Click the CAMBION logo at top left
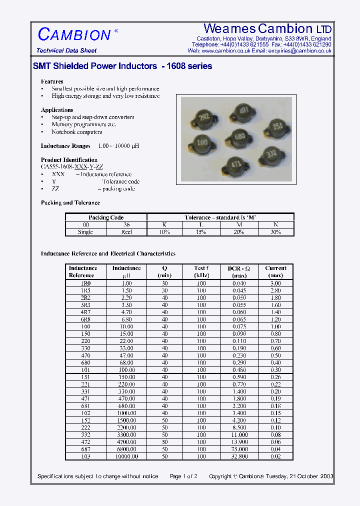(x=74, y=34)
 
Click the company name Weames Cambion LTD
(x=267, y=28)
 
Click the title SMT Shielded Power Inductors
(x=95, y=66)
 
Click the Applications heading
(x=57, y=110)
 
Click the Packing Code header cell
(x=106, y=217)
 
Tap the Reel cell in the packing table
(x=126, y=232)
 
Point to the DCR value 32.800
(x=239, y=456)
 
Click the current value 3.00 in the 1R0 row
(x=275, y=283)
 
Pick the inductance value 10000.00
(x=126, y=456)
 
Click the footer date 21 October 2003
(x=305, y=476)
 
